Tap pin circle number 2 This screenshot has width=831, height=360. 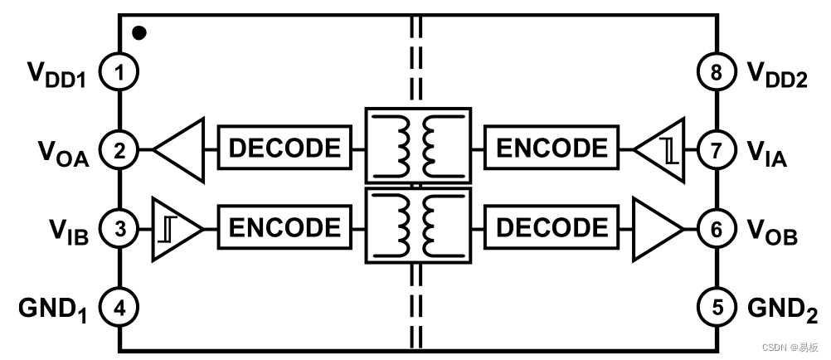tap(119, 150)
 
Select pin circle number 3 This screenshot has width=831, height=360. tap(119, 228)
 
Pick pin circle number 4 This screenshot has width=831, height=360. tap(119, 309)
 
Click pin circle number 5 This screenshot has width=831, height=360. tap(716, 309)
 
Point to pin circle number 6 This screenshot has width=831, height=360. tap(716, 228)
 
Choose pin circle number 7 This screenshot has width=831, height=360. tap(716, 150)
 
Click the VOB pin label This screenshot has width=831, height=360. tap(772, 231)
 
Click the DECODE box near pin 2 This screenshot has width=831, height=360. tap(284, 148)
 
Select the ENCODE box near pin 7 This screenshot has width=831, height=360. tap(552, 148)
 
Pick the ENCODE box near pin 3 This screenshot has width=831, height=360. tap(284, 226)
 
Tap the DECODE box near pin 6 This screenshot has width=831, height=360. tap(552, 226)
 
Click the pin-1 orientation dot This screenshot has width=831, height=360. tap(139, 33)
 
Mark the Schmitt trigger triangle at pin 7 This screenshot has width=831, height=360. tap(663, 150)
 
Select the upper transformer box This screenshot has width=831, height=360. tap(418, 146)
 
